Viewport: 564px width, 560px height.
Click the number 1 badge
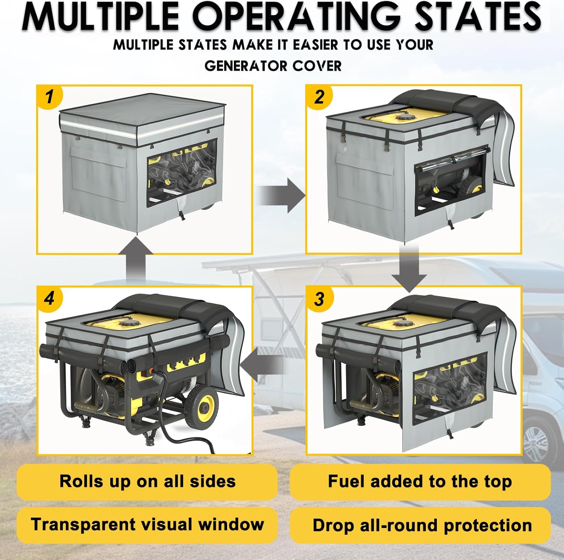coord(49,97)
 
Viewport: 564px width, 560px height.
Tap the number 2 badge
coord(319,97)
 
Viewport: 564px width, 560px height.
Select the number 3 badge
coord(319,299)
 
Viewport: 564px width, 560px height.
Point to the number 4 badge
coord(49,299)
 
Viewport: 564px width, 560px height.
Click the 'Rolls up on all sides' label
coord(147,481)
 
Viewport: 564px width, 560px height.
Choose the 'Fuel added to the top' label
coord(420,481)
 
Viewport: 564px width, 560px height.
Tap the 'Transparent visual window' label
coord(147,525)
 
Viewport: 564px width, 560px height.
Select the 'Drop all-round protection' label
coord(422,525)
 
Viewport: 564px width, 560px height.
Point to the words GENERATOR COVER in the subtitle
coord(273,66)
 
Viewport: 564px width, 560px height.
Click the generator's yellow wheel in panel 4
coord(202,406)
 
